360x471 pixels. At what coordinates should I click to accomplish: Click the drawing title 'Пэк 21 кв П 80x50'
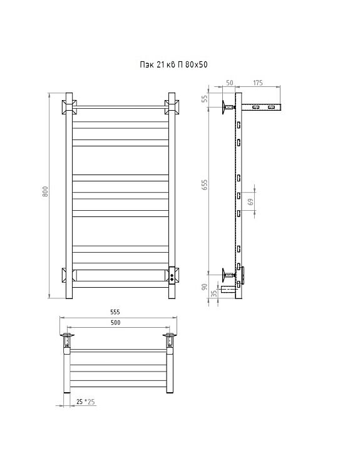coord(173,64)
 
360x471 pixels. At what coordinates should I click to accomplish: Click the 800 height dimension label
coord(46,191)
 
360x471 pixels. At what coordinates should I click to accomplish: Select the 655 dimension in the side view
coord(205,185)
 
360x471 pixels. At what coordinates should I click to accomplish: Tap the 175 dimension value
coord(258,83)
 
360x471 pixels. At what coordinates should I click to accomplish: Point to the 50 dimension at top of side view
coord(230,83)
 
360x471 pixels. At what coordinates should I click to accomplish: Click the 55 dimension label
coord(205,99)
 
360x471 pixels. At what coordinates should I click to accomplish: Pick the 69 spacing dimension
coord(252,201)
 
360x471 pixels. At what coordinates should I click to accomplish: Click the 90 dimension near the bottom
coord(205,286)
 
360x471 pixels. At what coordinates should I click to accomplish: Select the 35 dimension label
coord(214,293)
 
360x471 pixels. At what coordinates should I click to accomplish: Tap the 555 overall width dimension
coord(115,312)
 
